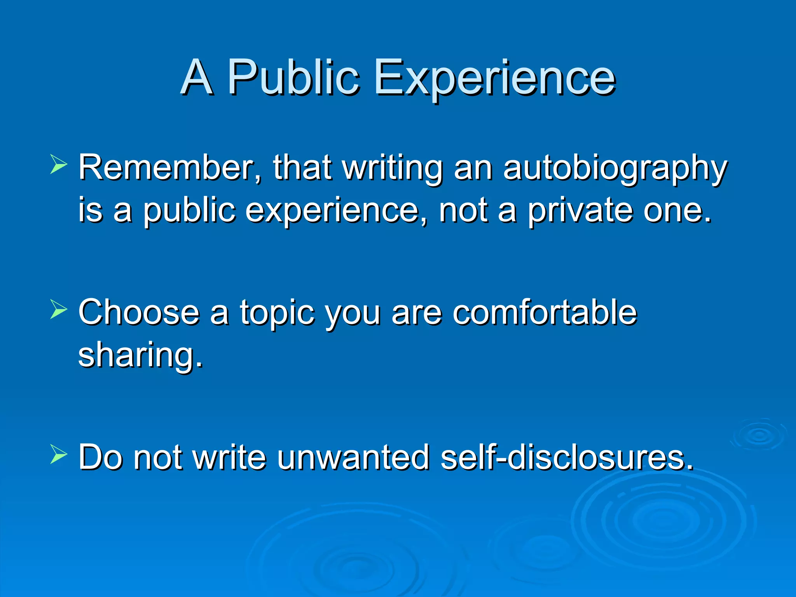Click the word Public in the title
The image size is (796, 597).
293,78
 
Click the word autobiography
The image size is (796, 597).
615,169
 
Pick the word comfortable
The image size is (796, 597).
545,312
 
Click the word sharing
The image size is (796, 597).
140,356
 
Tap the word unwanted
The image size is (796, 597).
353,457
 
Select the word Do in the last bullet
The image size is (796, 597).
99,457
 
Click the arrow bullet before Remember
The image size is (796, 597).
58,164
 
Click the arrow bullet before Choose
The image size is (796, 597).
58,310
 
